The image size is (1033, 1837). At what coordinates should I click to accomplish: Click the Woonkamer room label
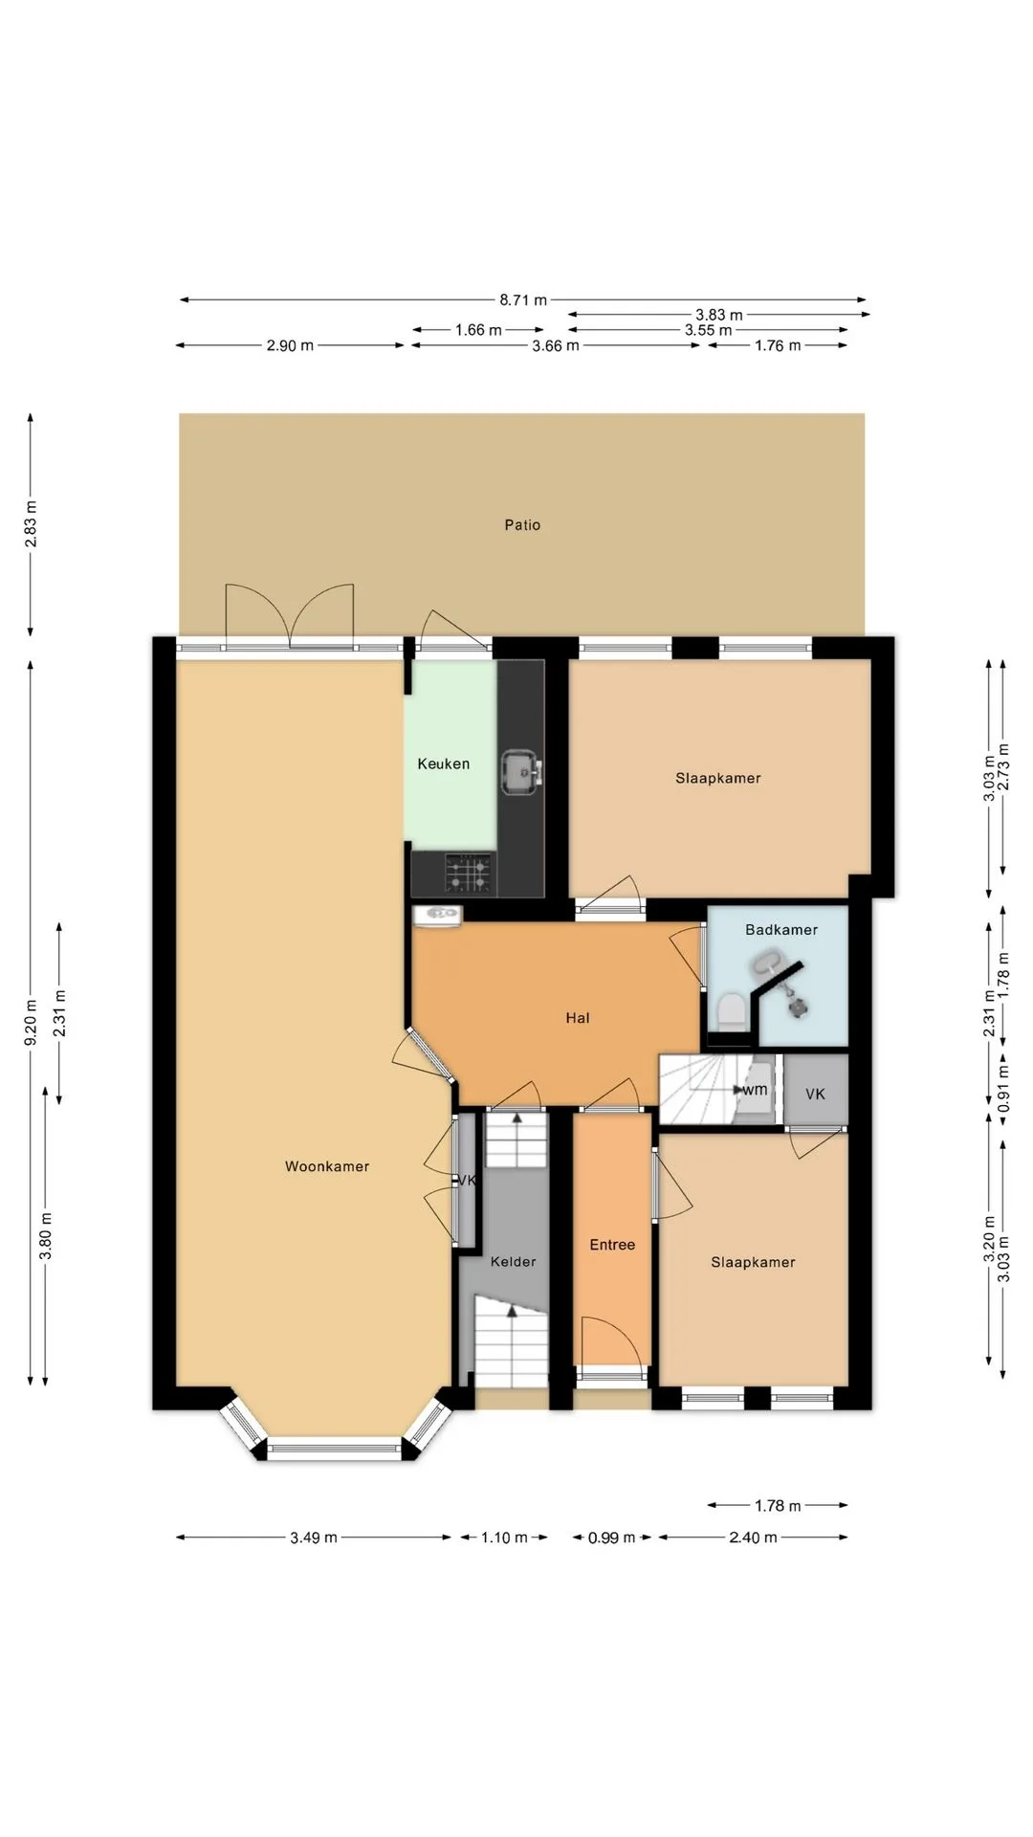point(327,1166)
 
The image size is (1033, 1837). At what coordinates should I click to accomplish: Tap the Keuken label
point(444,764)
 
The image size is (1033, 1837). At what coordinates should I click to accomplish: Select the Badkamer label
point(781,929)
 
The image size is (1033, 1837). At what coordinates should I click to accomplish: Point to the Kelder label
point(514,1261)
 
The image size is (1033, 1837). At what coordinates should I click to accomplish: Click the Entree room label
point(612,1245)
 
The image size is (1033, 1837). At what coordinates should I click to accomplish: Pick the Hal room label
point(578,1018)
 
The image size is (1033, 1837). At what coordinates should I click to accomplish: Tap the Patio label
point(522,524)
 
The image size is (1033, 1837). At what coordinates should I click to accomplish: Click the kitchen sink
point(521,772)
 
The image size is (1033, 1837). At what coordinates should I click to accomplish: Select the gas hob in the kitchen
point(469,874)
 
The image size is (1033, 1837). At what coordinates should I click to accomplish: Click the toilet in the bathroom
point(731,1011)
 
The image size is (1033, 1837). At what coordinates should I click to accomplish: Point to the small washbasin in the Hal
point(438,915)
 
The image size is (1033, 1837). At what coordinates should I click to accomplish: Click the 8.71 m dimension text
point(523,299)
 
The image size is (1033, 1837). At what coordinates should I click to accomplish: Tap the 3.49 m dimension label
point(314,1538)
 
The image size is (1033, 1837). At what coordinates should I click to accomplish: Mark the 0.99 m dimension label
point(611,1538)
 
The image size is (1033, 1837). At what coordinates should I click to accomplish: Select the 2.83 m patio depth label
point(32,524)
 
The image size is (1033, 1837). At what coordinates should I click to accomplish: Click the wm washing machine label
point(756,1090)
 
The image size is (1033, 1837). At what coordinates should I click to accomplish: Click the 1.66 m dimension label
point(478,330)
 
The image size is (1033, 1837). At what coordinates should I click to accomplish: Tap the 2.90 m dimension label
point(290,345)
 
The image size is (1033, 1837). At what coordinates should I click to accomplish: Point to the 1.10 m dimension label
point(504,1538)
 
